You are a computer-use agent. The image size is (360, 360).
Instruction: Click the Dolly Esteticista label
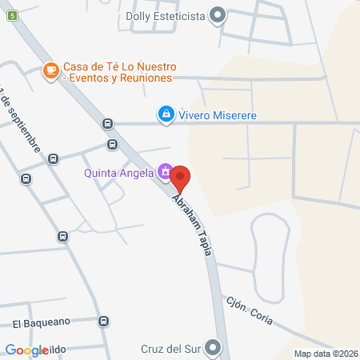[x=164, y=14]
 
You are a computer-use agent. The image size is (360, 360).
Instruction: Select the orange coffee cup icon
[x=51, y=71]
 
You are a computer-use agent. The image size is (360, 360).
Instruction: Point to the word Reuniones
[x=142, y=78]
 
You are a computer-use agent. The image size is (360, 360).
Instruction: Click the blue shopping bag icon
[x=166, y=115]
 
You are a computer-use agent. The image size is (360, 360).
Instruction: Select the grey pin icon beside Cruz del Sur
[x=213, y=348]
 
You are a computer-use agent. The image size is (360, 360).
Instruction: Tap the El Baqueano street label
[x=41, y=322]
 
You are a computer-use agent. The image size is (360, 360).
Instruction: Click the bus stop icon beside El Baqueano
[x=103, y=322]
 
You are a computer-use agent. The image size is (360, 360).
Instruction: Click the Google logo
[x=27, y=350]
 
